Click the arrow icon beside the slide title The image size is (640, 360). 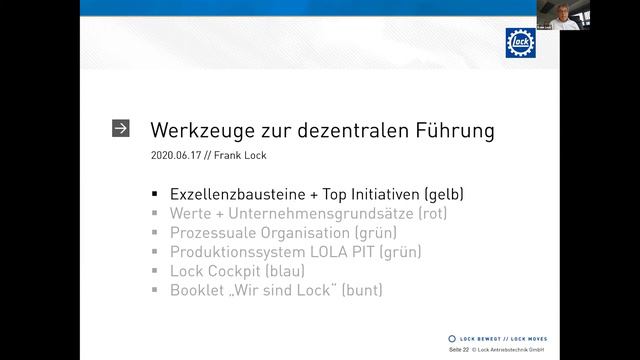(121, 129)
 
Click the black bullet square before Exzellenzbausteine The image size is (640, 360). (155, 194)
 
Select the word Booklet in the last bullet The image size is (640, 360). (200, 291)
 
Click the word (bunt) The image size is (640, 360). (361, 291)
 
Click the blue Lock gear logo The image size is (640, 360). (520, 42)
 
